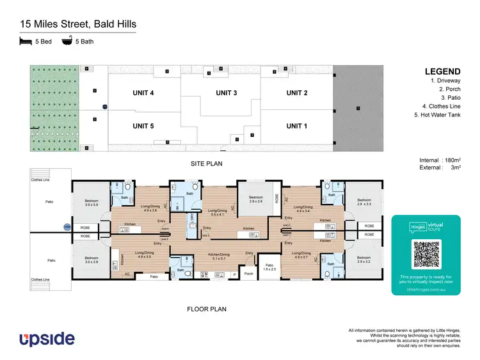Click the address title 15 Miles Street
point(77,24)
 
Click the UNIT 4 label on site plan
point(143,93)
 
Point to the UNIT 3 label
point(227,93)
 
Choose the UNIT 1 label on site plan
point(297,126)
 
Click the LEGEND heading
point(442,72)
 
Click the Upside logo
point(47,338)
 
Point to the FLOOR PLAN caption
point(206,309)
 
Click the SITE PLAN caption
point(206,164)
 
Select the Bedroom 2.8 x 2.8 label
point(256,200)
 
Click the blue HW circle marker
point(66,227)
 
